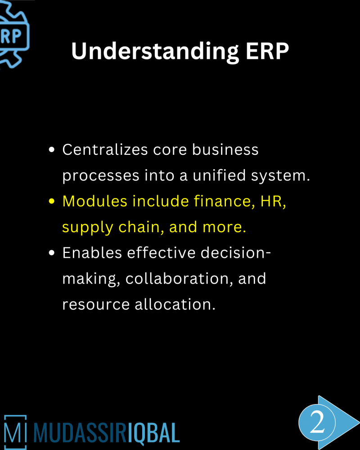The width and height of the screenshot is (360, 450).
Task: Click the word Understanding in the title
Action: (154, 52)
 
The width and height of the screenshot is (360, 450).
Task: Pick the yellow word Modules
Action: (94, 201)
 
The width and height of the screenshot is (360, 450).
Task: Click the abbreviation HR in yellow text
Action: (273, 201)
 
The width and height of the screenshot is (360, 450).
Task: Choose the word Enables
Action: (92, 253)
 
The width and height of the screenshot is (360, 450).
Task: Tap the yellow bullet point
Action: (52, 202)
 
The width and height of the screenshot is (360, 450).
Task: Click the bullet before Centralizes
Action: (52, 150)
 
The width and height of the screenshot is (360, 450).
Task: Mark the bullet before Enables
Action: (52, 253)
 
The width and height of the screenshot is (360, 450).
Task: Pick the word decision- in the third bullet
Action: (236, 253)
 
